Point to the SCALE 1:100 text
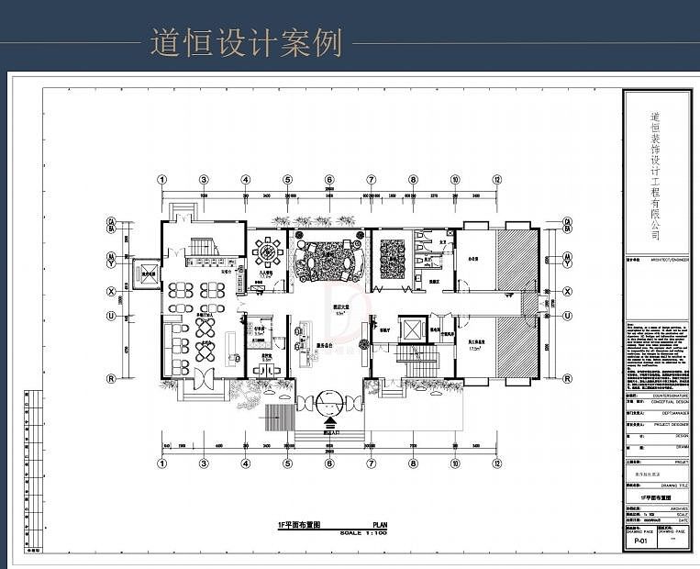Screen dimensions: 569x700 click(363, 532)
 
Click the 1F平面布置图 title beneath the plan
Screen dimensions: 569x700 click(299, 525)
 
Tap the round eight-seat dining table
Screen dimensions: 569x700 click(268, 251)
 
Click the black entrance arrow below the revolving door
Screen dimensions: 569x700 click(329, 424)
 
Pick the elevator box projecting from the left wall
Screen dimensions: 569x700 click(145, 273)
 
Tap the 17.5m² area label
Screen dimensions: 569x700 click(475, 349)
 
